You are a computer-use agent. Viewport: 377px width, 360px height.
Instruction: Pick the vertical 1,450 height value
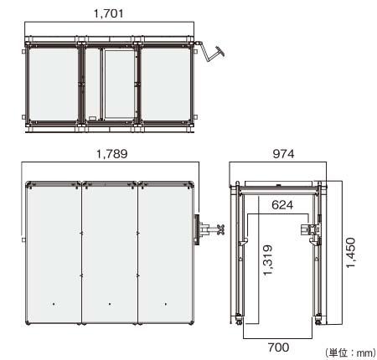(x=352, y=251)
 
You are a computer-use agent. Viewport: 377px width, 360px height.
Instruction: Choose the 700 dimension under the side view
(x=280, y=345)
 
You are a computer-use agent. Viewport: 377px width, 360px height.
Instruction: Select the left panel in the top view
(x=52, y=84)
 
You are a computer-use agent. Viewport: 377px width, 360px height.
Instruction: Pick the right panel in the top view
(x=165, y=84)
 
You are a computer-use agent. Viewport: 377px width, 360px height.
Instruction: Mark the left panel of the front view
(x=54, y=251)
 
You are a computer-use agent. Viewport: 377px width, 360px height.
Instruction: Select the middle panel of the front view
(x=109, y=251)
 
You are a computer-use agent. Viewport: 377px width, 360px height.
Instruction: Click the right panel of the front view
(x=165, y=251)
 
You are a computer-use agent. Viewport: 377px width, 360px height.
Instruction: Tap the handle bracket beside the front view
(x=207, y=228)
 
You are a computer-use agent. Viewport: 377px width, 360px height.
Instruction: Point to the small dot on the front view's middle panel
(x=109, y=303)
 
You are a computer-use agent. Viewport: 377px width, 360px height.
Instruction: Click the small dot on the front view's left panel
(x=53, y=303)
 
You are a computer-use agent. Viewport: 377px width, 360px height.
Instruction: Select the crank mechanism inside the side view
(x=312, y=229)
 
